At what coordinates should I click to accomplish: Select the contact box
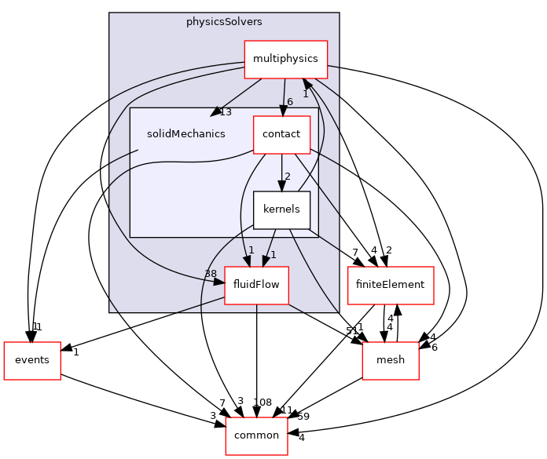click(281, 134)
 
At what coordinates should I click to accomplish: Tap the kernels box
click(281, 209)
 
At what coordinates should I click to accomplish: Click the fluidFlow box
click(256, 286)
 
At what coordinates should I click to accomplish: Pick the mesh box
click(391, 360)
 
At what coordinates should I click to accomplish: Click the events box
click(32, 360)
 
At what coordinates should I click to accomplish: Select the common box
click(256, 435)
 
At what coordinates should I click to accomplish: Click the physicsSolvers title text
click(224, 22)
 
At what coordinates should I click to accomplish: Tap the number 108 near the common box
click(262, 403)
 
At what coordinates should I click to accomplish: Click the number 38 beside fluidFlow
click(210, 274)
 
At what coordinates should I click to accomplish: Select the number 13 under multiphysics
click(226, 111)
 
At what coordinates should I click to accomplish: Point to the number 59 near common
click(303, 417)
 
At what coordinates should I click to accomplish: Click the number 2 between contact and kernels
click(288, 177)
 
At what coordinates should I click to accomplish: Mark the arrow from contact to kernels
click(281, 172)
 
